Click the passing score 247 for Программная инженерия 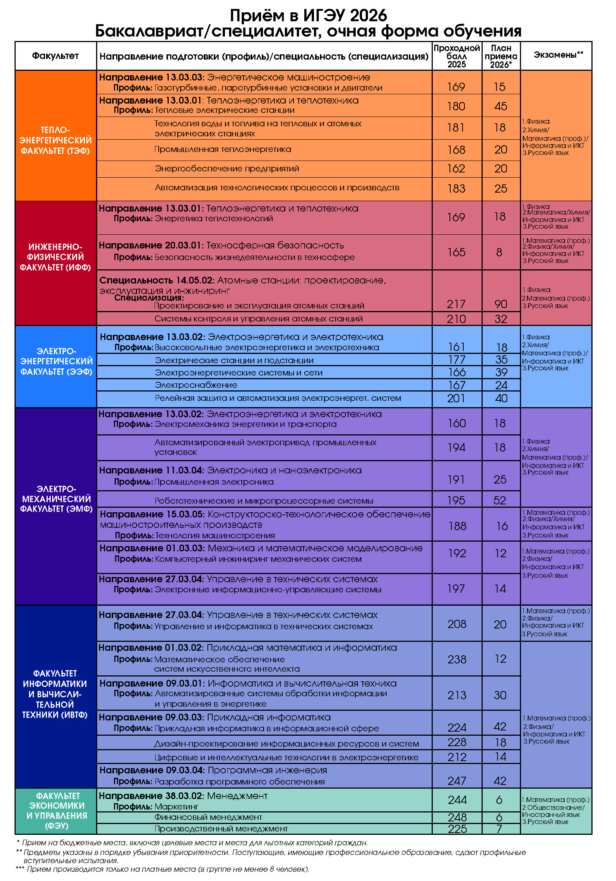[x=457, y=781]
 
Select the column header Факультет [x=55, y=56]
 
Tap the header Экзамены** [x=558, y=55]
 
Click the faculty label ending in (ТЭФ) [x=55, y=140]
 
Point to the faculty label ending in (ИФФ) [x=55, y=257]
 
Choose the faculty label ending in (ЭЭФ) [x=56, y=361]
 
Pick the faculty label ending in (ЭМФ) [x=56, y=499]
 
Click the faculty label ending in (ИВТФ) [x=55, y=694]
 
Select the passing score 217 [x=456, y=304]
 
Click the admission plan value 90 [x=501, y=304]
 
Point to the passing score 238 [x=457, y=659]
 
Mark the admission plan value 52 [x=500, y=500]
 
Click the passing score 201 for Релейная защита [x=456, y=398]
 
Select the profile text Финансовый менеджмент [x=208, y=817]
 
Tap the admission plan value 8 [x=499, y=253]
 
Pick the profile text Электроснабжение [x=196, y=385]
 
